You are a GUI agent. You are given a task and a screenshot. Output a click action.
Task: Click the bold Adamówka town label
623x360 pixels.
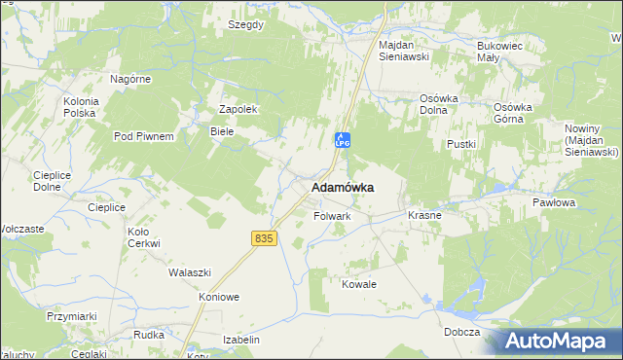coord(343,187)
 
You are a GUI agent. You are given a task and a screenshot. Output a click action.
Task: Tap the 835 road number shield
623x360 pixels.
coord(262,238)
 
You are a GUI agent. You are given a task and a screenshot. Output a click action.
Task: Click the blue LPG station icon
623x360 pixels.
coord(342,139)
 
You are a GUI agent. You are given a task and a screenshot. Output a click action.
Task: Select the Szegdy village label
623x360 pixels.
coord(245,24)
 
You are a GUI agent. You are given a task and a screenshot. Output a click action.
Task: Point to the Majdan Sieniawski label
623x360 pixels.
coord(410,52)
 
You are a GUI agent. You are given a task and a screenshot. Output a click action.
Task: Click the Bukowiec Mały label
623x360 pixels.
coord(501,52)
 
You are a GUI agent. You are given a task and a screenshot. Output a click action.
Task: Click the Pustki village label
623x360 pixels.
coord(460,144)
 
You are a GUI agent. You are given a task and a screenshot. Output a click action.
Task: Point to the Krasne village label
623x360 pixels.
coord(424,215)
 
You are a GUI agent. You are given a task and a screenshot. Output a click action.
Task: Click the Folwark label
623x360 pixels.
coord(331,216)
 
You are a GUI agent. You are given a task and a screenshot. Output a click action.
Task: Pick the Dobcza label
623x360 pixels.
coord(459,332)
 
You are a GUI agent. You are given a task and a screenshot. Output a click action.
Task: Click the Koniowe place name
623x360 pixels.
coord(218,298)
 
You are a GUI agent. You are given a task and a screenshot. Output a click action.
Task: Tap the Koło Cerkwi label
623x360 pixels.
coord(143,237)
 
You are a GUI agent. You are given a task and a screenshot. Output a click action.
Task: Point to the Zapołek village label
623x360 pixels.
coord(238,110)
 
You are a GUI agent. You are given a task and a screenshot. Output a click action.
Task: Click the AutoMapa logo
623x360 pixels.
coord(560,342)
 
